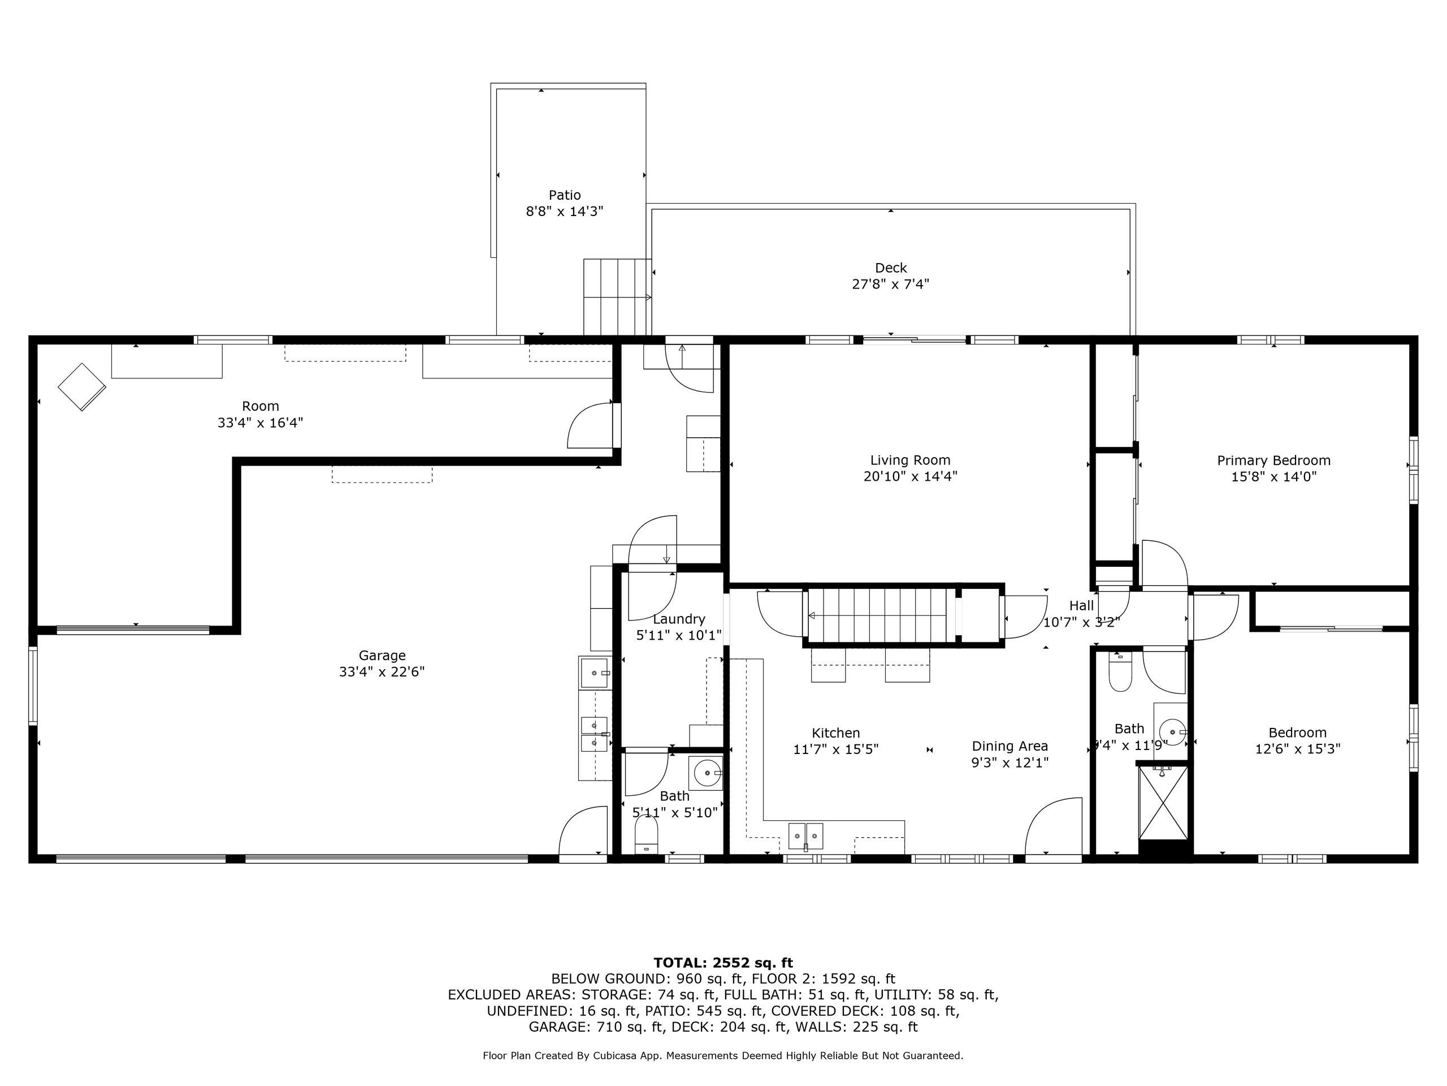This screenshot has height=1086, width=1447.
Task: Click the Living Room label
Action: click(910, 460)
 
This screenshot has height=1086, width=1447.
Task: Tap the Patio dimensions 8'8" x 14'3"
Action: click(565, 212)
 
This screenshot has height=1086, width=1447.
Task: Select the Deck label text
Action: click(890, 268)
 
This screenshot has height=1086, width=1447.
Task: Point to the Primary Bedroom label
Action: click(1273, 460)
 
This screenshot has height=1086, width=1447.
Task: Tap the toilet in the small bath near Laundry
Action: click(646, 835)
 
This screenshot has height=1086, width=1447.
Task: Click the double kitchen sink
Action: click(805, 836)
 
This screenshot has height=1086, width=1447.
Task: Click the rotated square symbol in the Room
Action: click(82, 386)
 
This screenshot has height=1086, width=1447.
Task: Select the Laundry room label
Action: click(679, 619)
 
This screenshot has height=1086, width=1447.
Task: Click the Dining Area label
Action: click(1010, 745)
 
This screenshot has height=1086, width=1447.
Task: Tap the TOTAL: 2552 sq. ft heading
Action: click(723, 962)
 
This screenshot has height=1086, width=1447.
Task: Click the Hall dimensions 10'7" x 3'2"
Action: click(1081, 622)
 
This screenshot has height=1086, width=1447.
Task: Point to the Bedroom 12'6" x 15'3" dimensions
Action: click(1297, 749)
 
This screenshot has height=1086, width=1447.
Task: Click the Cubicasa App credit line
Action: click(723, 1055)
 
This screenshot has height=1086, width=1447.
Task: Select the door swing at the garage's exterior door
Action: click(582, 829)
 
